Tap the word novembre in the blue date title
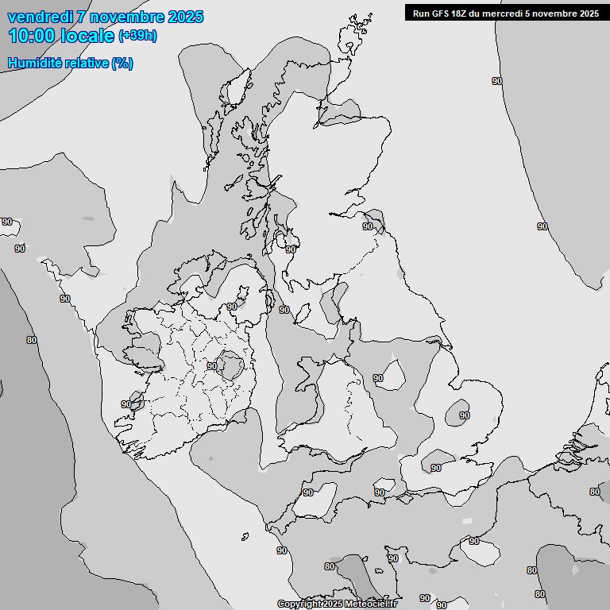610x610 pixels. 127,17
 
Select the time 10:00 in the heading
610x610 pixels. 33,35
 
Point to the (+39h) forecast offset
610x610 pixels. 137,36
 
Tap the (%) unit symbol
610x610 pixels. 123,63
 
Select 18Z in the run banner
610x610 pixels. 463,14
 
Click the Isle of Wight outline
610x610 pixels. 379,484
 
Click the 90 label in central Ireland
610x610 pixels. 212,366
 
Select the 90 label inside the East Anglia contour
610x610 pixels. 465,415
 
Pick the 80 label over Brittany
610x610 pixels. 330,566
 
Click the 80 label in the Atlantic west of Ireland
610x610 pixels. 32,340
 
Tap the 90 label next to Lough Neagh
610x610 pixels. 231,307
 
